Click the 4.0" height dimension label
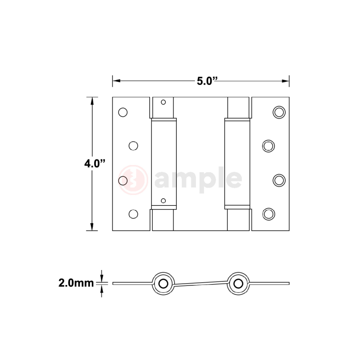pos(95,164)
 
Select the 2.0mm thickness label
pos(76,283)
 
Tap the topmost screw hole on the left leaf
pos(123,112)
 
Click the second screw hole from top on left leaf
pos(133,146)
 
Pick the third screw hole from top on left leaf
pos(123,180)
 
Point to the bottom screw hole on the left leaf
pos(133,214)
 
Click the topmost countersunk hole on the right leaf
pos(278,112)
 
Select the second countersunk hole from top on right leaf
pos(268,146)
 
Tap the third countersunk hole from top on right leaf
pos(278,180)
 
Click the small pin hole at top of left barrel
pos(163,102)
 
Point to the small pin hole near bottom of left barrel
pos(163,201)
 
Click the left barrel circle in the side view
pos(163,283)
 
